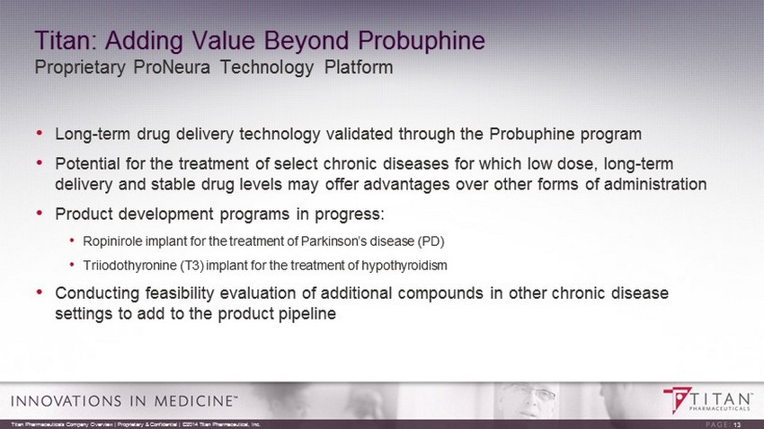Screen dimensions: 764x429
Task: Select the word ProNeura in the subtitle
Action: [172, 67]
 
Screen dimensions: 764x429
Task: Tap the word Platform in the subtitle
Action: [359, 67]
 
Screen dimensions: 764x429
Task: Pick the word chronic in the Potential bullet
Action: [351, 164]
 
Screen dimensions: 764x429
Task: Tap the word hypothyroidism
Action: [404, 266]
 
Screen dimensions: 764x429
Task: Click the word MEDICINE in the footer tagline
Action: [194, 401]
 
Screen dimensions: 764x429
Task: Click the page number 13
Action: [737, 425]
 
